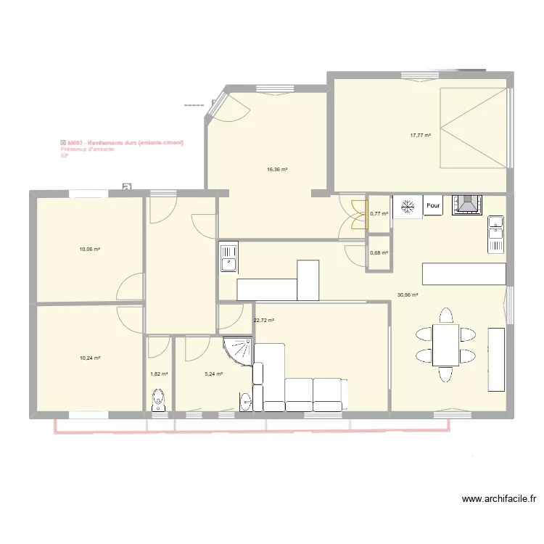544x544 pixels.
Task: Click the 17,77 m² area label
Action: point(420,135)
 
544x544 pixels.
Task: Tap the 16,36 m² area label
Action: point(277,170)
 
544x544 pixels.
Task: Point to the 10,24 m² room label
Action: point(90,358)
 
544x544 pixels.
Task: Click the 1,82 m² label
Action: point(159,374)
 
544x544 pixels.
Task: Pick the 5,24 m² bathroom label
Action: point(213,374)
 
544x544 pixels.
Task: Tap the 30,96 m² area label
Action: point(408,295)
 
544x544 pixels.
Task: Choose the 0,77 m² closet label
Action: point(379,213)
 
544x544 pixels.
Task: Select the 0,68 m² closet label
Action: point(379,252)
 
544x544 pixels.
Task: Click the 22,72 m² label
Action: point(263,320)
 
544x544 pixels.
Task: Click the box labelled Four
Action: point(433,205)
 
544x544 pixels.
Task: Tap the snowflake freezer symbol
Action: point(408,206)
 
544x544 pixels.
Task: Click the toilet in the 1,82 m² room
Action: point(158,400)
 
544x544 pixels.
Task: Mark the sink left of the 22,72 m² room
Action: point(228,257)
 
